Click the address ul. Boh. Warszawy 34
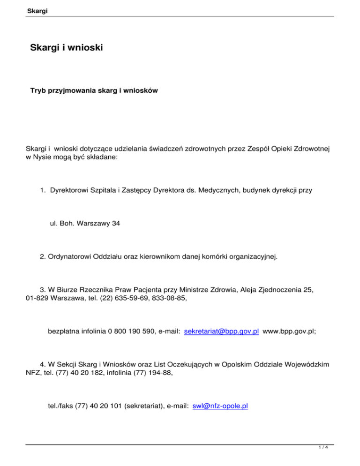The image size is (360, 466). click(x=85, y=224)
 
